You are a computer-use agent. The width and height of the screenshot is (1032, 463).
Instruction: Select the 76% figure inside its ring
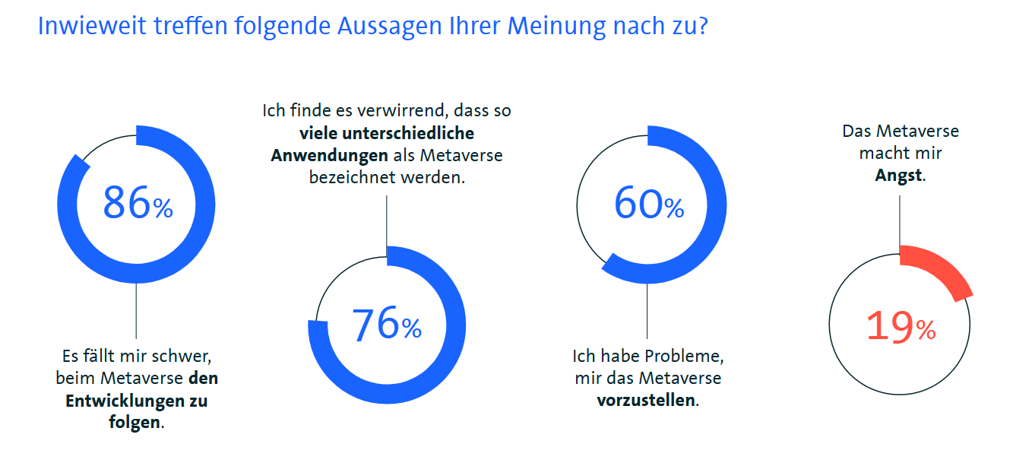pos(386,325)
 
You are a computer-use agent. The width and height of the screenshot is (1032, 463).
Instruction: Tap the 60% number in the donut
pos(648,203)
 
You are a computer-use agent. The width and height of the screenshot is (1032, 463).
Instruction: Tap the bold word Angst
pos(898,175)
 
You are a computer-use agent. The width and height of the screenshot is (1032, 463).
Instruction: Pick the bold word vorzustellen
pos(646,399)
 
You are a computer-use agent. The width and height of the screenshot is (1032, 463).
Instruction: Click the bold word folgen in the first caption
pos(135,423)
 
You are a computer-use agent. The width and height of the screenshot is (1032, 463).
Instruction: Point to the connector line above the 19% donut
pos(900,220)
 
